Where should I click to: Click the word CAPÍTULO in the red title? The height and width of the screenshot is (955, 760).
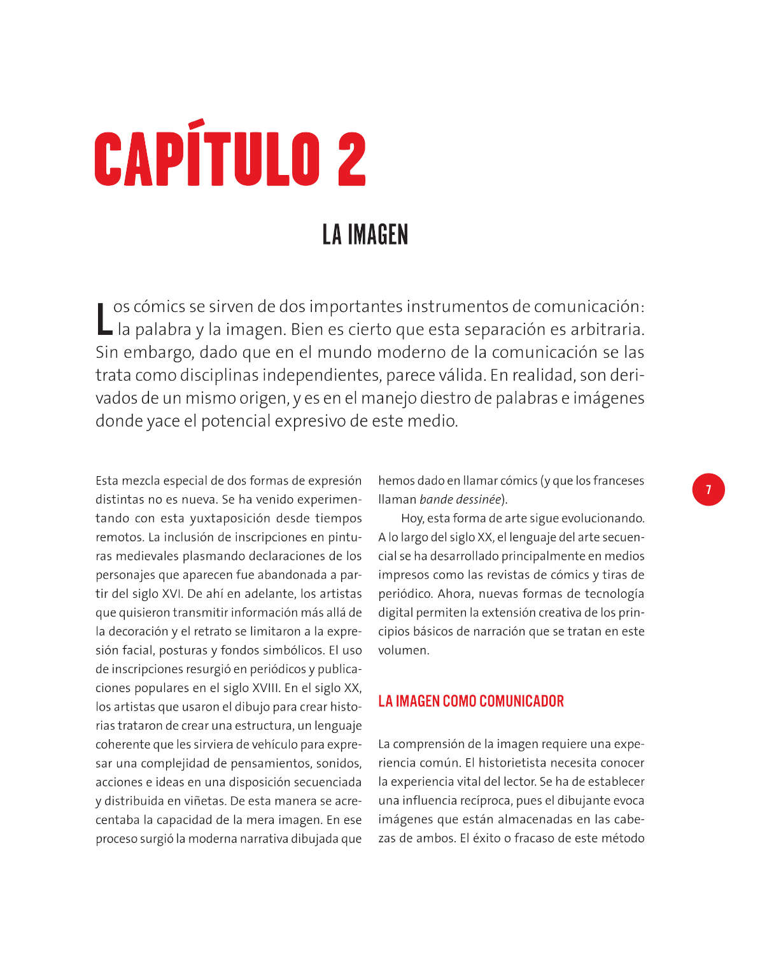click(x=206, y=159)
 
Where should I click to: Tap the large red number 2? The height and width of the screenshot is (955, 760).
click(x=351, y=159)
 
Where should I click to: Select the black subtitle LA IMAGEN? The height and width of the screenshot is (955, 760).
click(x=365, y=235)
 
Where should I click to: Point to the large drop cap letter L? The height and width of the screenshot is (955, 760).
click(x=103, y=318)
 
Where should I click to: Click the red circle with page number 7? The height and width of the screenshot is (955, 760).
click(x=708, y=490)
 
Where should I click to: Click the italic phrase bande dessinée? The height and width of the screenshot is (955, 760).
click(x=460, y=499)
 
